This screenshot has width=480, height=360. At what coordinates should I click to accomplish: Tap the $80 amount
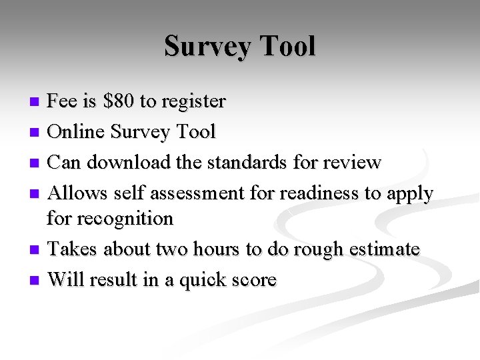tap(117, 101)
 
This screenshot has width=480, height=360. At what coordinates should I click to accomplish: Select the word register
tap(193, 101)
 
